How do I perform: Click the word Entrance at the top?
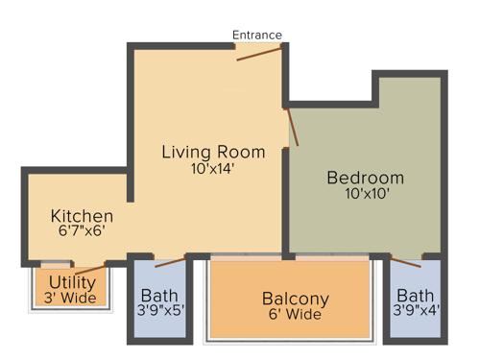257,36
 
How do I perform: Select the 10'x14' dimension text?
212,169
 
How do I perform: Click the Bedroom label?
365,179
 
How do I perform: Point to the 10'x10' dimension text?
365,195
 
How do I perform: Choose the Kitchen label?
82,216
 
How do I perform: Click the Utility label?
72,282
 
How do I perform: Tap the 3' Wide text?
72,298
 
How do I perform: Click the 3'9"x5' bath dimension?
158,311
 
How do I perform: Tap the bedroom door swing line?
293,127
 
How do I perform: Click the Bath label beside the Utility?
158,295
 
